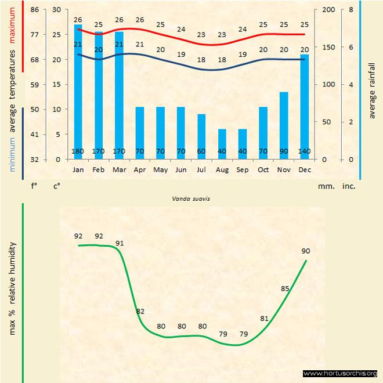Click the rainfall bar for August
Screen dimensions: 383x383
point(222,142)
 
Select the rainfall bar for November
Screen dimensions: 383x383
point(284,125)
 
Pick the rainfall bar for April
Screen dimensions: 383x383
point(140,132)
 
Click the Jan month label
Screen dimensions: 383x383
point(78,170)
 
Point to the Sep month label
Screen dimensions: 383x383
point(243,170)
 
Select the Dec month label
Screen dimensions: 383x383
point(304,170)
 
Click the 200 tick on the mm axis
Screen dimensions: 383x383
point(328,10)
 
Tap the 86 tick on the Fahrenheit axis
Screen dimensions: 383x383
point(35,10)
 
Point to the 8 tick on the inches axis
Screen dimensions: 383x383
point(351,10)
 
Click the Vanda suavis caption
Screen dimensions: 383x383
point(191,198)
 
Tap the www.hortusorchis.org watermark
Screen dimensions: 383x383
point(341,373)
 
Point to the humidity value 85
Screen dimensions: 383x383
point(285,288)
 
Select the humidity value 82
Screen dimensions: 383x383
point(140,312)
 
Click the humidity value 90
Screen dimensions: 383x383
point(306,251)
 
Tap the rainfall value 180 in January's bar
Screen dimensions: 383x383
point(78,152)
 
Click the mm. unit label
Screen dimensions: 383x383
point(324,187)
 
